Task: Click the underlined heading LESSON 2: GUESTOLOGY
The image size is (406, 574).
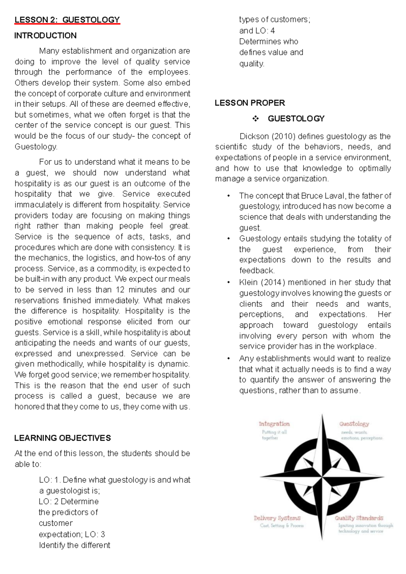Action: (67, 20)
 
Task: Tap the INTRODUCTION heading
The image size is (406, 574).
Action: (45, 36)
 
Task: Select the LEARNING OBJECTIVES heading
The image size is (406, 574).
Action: (63, 438)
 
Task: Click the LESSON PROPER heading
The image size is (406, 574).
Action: (250, 103)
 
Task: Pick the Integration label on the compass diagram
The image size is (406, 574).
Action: (274, 424)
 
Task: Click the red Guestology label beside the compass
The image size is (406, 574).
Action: (354, 424)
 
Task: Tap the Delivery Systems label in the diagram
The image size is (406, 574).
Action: (277, 518)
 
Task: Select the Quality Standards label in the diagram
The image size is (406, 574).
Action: (359, 518)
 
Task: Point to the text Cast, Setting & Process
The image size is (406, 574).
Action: (281, 526)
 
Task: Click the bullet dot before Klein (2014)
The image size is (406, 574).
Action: (229, 282)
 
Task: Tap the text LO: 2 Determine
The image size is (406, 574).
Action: (69, 501)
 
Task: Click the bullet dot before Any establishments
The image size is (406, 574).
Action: (229, 359)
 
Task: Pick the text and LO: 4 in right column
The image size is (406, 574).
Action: (257, 31)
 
